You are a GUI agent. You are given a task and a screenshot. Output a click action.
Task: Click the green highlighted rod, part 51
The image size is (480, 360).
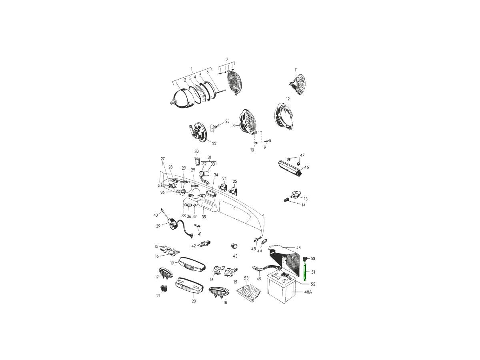[x=305, y=272]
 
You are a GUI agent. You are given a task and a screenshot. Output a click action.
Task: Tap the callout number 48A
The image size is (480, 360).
[x=308, y=292]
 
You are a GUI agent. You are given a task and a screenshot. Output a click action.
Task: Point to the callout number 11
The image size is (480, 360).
[x=296, y=70]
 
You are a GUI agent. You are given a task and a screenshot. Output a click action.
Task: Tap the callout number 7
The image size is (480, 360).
[x=227, y=59]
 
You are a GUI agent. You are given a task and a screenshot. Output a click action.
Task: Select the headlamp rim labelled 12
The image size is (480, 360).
[x=284, y=116]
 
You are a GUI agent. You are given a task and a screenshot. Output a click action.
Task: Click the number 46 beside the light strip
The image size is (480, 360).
[x=306, y=167]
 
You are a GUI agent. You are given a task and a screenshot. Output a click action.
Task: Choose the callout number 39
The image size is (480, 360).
[x=158, y=226]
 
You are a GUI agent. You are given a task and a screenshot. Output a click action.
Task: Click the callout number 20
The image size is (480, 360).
[x=194, y=301]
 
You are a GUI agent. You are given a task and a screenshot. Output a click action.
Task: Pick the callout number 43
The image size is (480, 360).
[x=235, y=256]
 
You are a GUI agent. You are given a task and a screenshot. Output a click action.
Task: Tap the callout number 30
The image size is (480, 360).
[x=196, y=152]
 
